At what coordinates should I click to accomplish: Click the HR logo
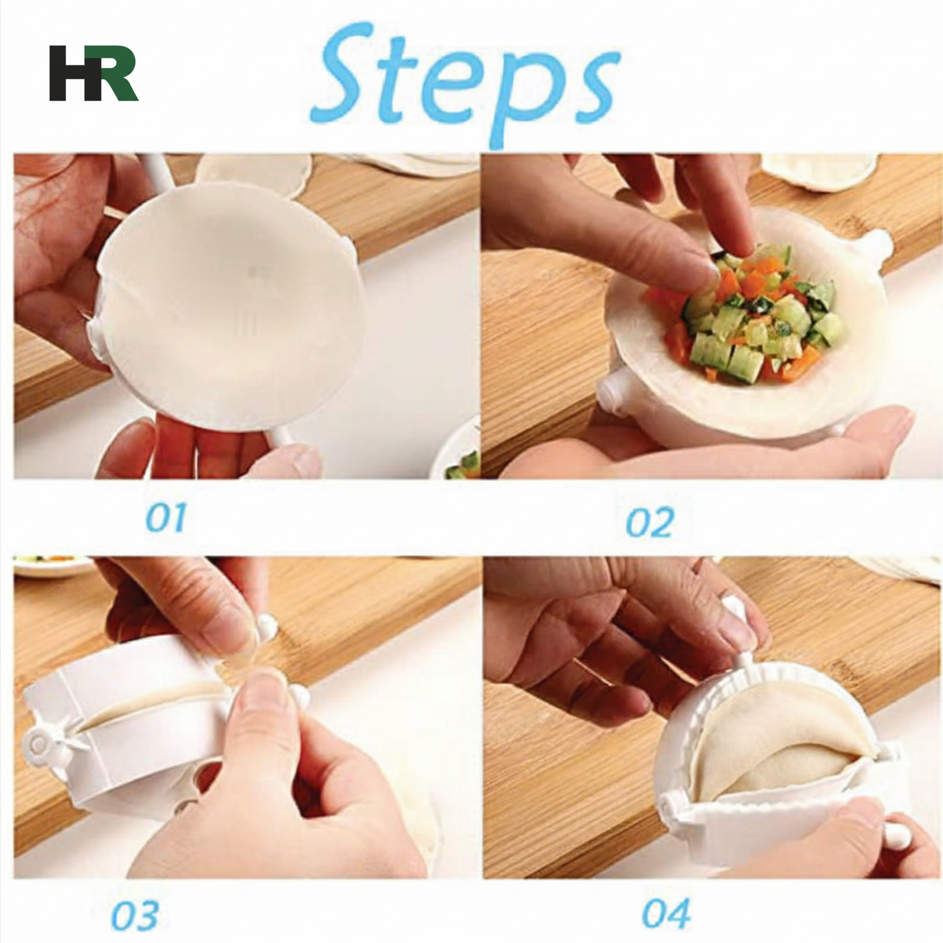(x=93, y=73)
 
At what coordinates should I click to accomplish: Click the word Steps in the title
(x=465, y=82)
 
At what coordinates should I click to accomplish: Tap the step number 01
(x=165, y=518)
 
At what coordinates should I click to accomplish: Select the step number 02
(x=649, y=523)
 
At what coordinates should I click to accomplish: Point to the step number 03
(x=134, y=915)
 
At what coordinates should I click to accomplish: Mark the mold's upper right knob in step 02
(x=878, y=243)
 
